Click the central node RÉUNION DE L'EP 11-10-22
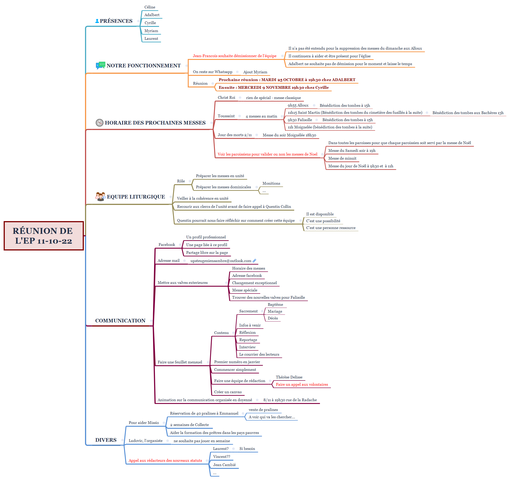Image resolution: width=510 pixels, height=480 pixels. [x=44, y=236]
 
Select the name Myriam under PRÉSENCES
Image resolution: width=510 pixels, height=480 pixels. [x=151, y=31]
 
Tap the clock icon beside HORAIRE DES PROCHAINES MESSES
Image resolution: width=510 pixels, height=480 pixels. [x=99, y=123]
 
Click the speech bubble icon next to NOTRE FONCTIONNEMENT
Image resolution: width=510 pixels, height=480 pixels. [x=100, y=65]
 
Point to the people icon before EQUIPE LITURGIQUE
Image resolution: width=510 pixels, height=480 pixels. [x=100, y=197]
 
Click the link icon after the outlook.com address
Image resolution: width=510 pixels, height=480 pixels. [x=254, y=261]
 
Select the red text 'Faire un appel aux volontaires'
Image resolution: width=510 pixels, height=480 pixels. [x=302, y=384]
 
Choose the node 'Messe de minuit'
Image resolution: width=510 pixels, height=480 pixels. [x=342, y=158]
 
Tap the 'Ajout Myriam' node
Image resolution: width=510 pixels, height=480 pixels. [x=255, y=72]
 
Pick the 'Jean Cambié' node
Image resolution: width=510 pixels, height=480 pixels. [x=224, y=465]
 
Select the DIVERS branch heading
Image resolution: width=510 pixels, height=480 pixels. [x=106, y=440]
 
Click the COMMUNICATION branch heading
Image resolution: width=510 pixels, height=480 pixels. [x=120, y=321]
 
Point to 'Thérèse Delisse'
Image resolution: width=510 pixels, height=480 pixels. [x=289, y=377]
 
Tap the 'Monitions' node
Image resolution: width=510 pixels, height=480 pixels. [x=271, y=184]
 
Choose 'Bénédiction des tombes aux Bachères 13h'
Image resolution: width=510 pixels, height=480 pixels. [x=468, y=113]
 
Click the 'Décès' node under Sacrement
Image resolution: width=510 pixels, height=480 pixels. [x=273, y=318]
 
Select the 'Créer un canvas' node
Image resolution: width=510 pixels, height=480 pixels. [x=228, y=392]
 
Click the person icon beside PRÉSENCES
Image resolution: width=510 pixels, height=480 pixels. [x=97, y=21]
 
